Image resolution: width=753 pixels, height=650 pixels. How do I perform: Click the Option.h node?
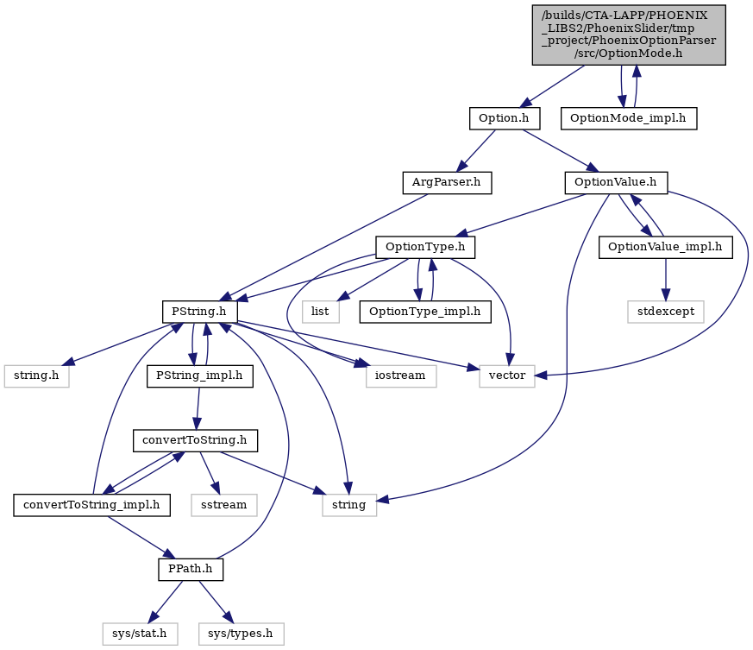tap(505, 118)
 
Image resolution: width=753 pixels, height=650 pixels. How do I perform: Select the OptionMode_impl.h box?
tap(628, 118)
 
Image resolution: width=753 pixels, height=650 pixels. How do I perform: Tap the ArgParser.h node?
tap(447, 183)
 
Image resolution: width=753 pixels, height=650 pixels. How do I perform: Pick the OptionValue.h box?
tap(616, 183)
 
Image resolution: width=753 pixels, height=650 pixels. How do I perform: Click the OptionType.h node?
tap(425, 247)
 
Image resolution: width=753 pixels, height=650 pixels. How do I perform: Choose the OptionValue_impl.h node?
tap(665, 247)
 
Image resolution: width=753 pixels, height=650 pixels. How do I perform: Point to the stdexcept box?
tap(666, 312)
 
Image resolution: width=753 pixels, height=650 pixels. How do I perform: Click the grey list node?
tap(320, 312)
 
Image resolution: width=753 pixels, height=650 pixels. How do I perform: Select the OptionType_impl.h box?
tap(425, 312)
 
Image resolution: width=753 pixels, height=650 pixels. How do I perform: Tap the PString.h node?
tap(199, 312)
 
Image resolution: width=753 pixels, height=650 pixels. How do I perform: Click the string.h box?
tap(36, 375)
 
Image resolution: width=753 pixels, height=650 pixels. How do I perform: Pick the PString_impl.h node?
tap(200, 375)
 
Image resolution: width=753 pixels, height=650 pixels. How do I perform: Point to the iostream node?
tap(400, 375)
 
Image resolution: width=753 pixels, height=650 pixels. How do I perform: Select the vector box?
tap(507, 375)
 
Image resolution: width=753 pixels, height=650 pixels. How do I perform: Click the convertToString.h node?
tap(195, 440)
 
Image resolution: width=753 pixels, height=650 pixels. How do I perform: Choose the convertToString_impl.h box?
tap(91, 505)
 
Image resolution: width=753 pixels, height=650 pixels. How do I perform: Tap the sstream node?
tap(224, 505)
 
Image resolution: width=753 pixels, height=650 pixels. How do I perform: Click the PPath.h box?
tap(191, 569)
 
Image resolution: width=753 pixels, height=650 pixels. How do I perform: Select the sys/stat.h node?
tap(140, 634)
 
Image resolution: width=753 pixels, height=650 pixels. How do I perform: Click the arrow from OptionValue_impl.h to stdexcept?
tap(666, 280)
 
